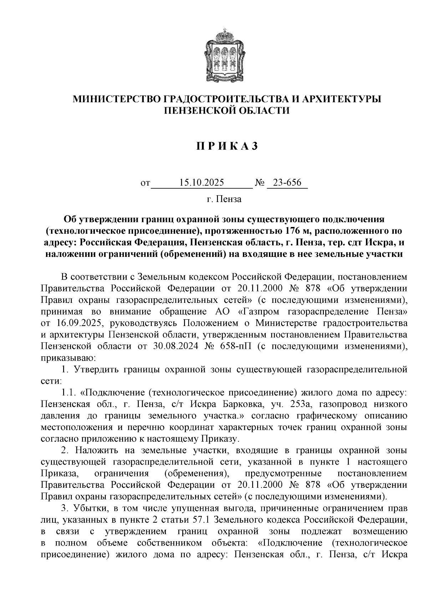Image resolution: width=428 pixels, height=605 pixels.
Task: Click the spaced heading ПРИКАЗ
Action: [226, 146]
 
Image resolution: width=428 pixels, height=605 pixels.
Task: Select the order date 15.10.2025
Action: [202, 183]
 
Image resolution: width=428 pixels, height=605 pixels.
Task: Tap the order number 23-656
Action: [287, 183]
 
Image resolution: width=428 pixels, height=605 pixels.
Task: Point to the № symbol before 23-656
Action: [260, 183]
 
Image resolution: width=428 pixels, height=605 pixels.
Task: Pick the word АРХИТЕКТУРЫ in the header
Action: [341, 99]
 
